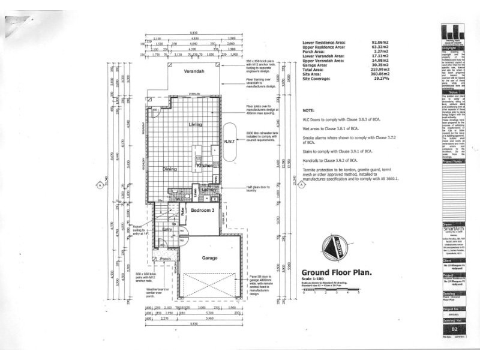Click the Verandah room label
(x=190, y=72)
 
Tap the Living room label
(x=196, y=125)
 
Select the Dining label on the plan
(x=169, y=170)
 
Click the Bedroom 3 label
(x=202, y=211)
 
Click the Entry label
(x=168, y=229)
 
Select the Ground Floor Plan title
(x=336, y=271)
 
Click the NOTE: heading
(x=308, y=111)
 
